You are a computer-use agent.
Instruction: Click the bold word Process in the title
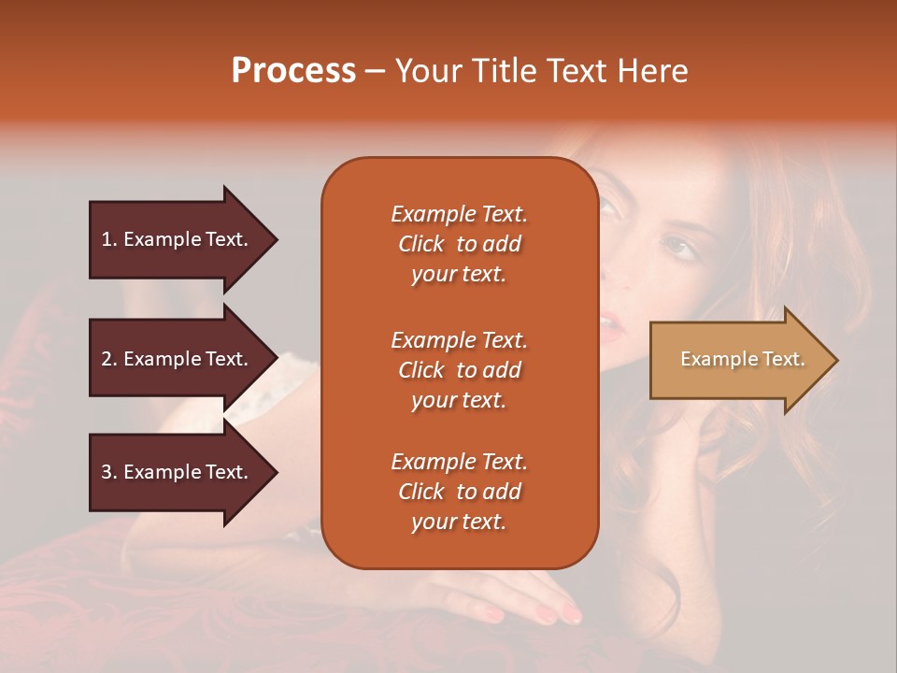[293, 71]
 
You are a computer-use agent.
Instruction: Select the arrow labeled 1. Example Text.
[178, 239]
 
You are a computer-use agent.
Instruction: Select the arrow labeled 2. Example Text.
[178, 359]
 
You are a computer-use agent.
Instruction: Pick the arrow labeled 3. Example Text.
[178, 472]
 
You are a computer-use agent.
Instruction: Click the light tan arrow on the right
[738, 359]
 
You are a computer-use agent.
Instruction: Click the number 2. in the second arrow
[109, 359]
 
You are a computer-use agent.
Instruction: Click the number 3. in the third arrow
[109, 472]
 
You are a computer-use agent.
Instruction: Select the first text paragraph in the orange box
[459, 244]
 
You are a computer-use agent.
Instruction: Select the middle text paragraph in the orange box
[459, 370]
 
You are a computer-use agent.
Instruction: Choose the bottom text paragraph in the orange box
[459, 492]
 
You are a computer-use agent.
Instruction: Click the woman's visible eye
[679, 248]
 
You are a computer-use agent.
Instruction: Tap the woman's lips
[608, 327]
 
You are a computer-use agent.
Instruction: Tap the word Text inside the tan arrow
[783, 359]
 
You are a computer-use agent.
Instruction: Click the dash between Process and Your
[376, 71]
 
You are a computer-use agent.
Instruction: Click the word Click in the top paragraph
[421, 244]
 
